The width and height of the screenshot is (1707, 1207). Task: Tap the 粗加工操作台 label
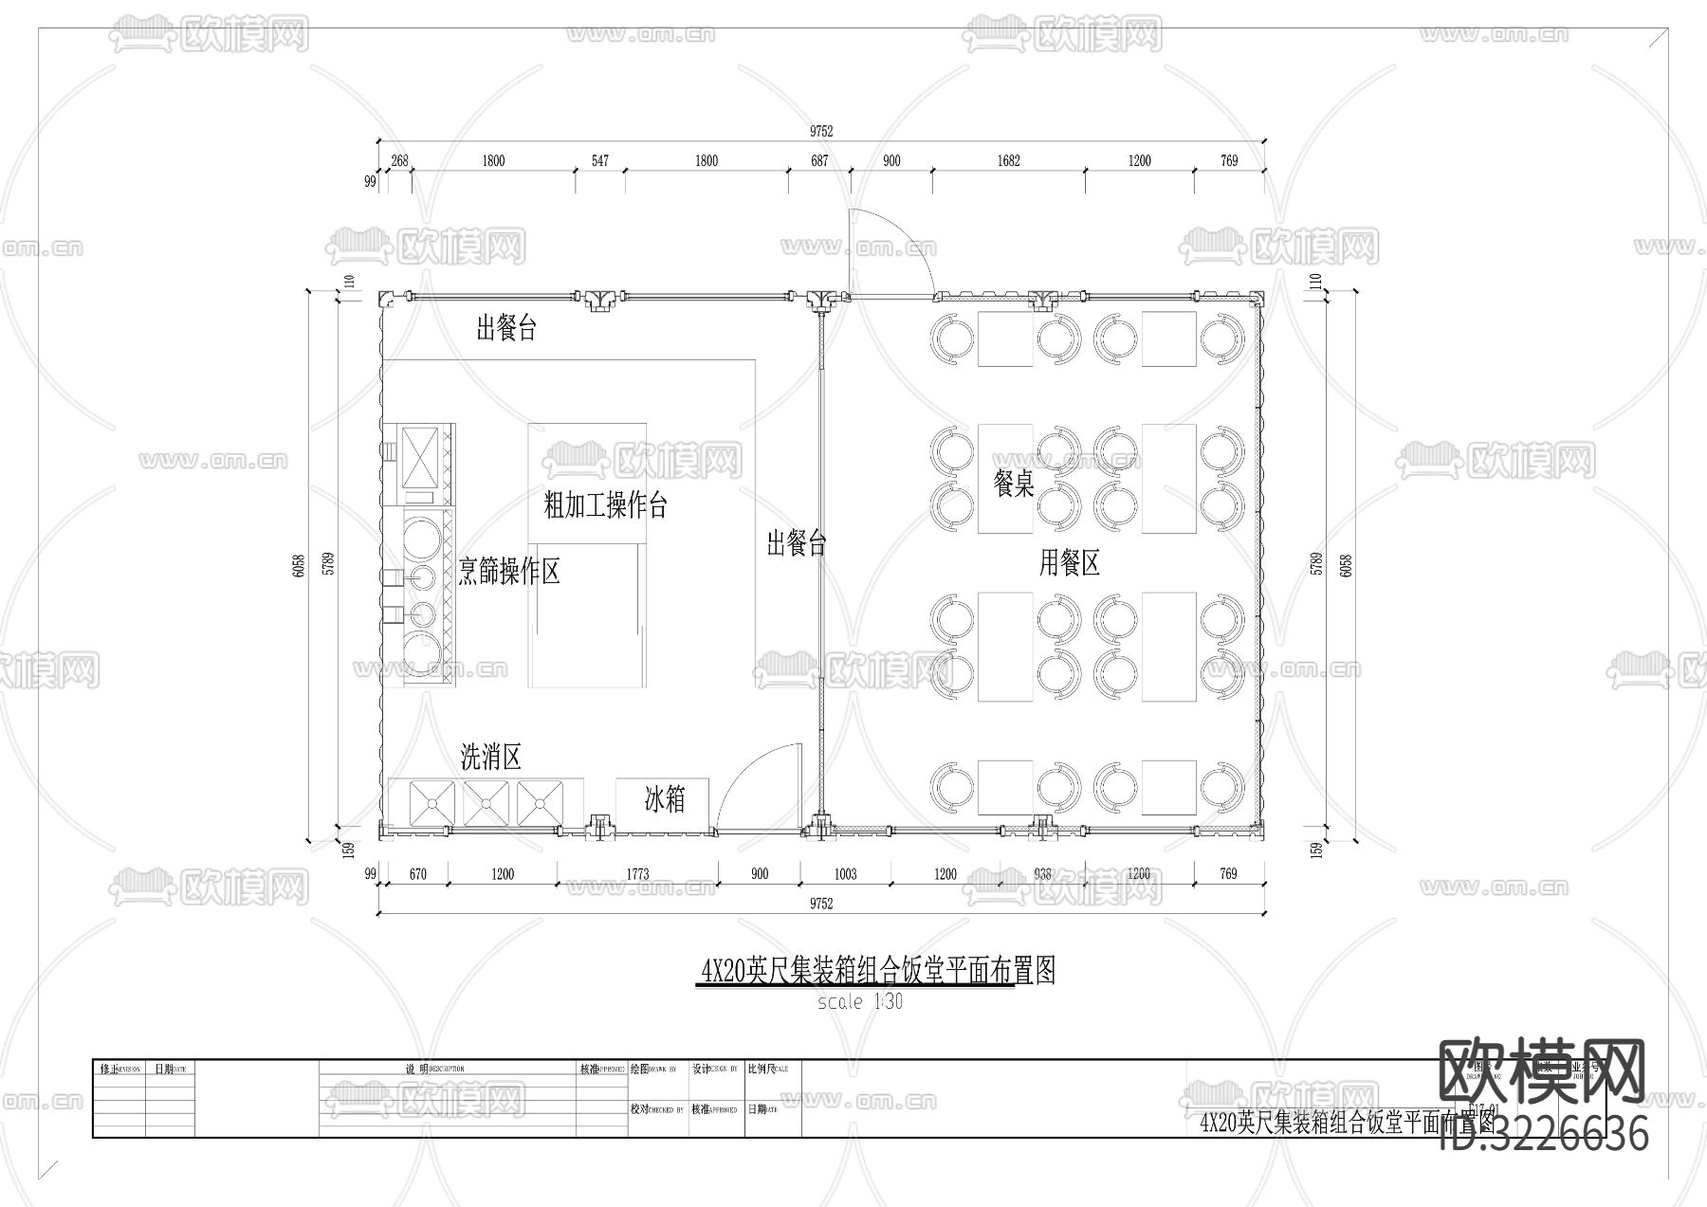[605, 504]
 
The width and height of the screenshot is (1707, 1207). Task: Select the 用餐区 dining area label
[1069, 563]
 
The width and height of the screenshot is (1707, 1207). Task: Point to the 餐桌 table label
[1013, 485]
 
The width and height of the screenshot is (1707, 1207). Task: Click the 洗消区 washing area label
[490, 757]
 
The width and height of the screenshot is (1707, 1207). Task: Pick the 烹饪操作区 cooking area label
[509, 571]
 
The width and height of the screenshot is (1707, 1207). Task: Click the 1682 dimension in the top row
[1008, 160]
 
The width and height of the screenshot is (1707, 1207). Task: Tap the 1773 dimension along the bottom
[637, 873]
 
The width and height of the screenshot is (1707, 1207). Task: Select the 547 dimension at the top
[599, 160]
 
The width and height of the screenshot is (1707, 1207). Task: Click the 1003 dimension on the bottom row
[844, 873]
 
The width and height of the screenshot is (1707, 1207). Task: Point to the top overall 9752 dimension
[821, 132]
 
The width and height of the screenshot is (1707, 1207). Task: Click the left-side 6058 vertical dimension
[299, 566]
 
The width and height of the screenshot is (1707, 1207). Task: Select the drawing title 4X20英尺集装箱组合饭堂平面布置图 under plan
[876, 970]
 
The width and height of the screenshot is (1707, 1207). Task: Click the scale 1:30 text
[860, 1001]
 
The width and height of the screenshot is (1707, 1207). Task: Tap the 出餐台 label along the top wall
[506, 329]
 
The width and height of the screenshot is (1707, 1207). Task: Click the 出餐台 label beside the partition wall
[797, 543]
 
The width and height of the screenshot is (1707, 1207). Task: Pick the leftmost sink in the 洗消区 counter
[431, 802]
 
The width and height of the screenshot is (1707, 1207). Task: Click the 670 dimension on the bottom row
[417, 873]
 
